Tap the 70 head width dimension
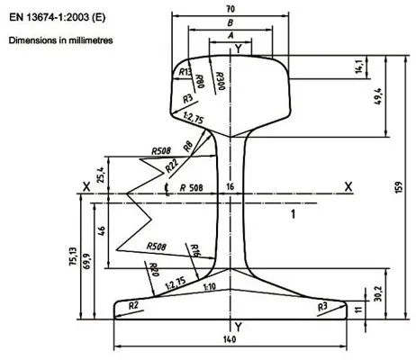231,8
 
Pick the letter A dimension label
231,35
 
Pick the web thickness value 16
231,186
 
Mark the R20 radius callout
153,270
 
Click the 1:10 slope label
209,286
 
